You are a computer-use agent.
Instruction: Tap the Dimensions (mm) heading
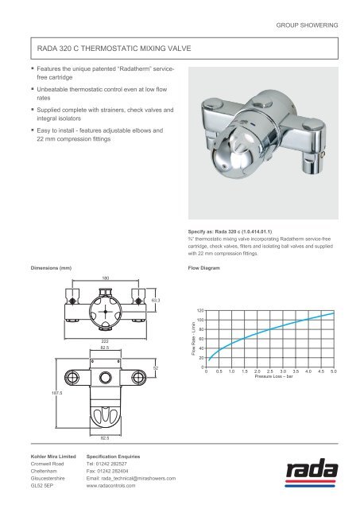click(49, 268)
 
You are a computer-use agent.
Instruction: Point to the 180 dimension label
click(106, 278)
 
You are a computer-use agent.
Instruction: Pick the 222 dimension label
click(105, 340)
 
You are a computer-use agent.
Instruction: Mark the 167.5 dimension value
click(34, 391)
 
